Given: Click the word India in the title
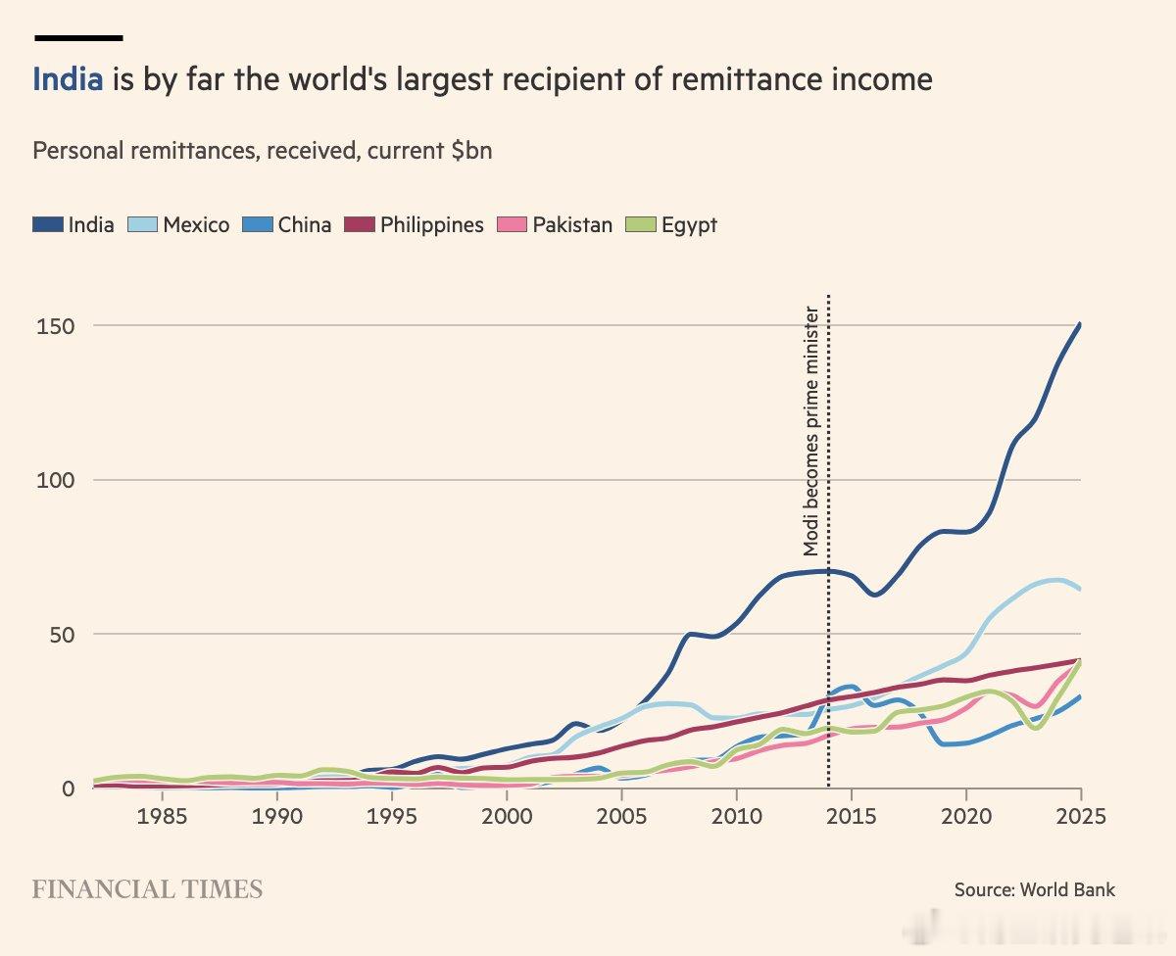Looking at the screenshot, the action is [x=68, y=79].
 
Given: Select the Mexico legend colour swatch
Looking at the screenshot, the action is [x=142, y=224].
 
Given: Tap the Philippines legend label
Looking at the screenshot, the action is [x=432, y=225].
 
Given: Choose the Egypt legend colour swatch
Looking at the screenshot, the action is [x=641, y=224].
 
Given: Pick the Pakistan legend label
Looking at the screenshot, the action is [x=572, y=225].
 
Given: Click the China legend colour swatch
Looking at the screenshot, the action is [x=258, y=224].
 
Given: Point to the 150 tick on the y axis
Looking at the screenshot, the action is [x=55, y=326].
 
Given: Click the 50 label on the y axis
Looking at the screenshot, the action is [x=62, y=635].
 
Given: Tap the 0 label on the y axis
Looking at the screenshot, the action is [x=68, y=789].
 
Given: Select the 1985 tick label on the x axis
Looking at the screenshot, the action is [x=162, y=816].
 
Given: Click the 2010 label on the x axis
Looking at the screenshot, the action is [x=737, y=816].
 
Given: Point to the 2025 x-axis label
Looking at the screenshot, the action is [x=1081, y=816].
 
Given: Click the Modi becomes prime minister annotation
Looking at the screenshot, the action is [x=810, y=431].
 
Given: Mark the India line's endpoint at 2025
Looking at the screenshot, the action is [x=1080, y=324].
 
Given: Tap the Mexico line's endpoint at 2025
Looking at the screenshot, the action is [x=1080, y=590].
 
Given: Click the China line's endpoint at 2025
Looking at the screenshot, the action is [x=1080, y=696].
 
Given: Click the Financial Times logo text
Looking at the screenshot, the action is [x=147, y=889].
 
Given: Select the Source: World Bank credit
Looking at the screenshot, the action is [x=1035, y=889].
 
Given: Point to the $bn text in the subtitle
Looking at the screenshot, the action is [x=471, y=150].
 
